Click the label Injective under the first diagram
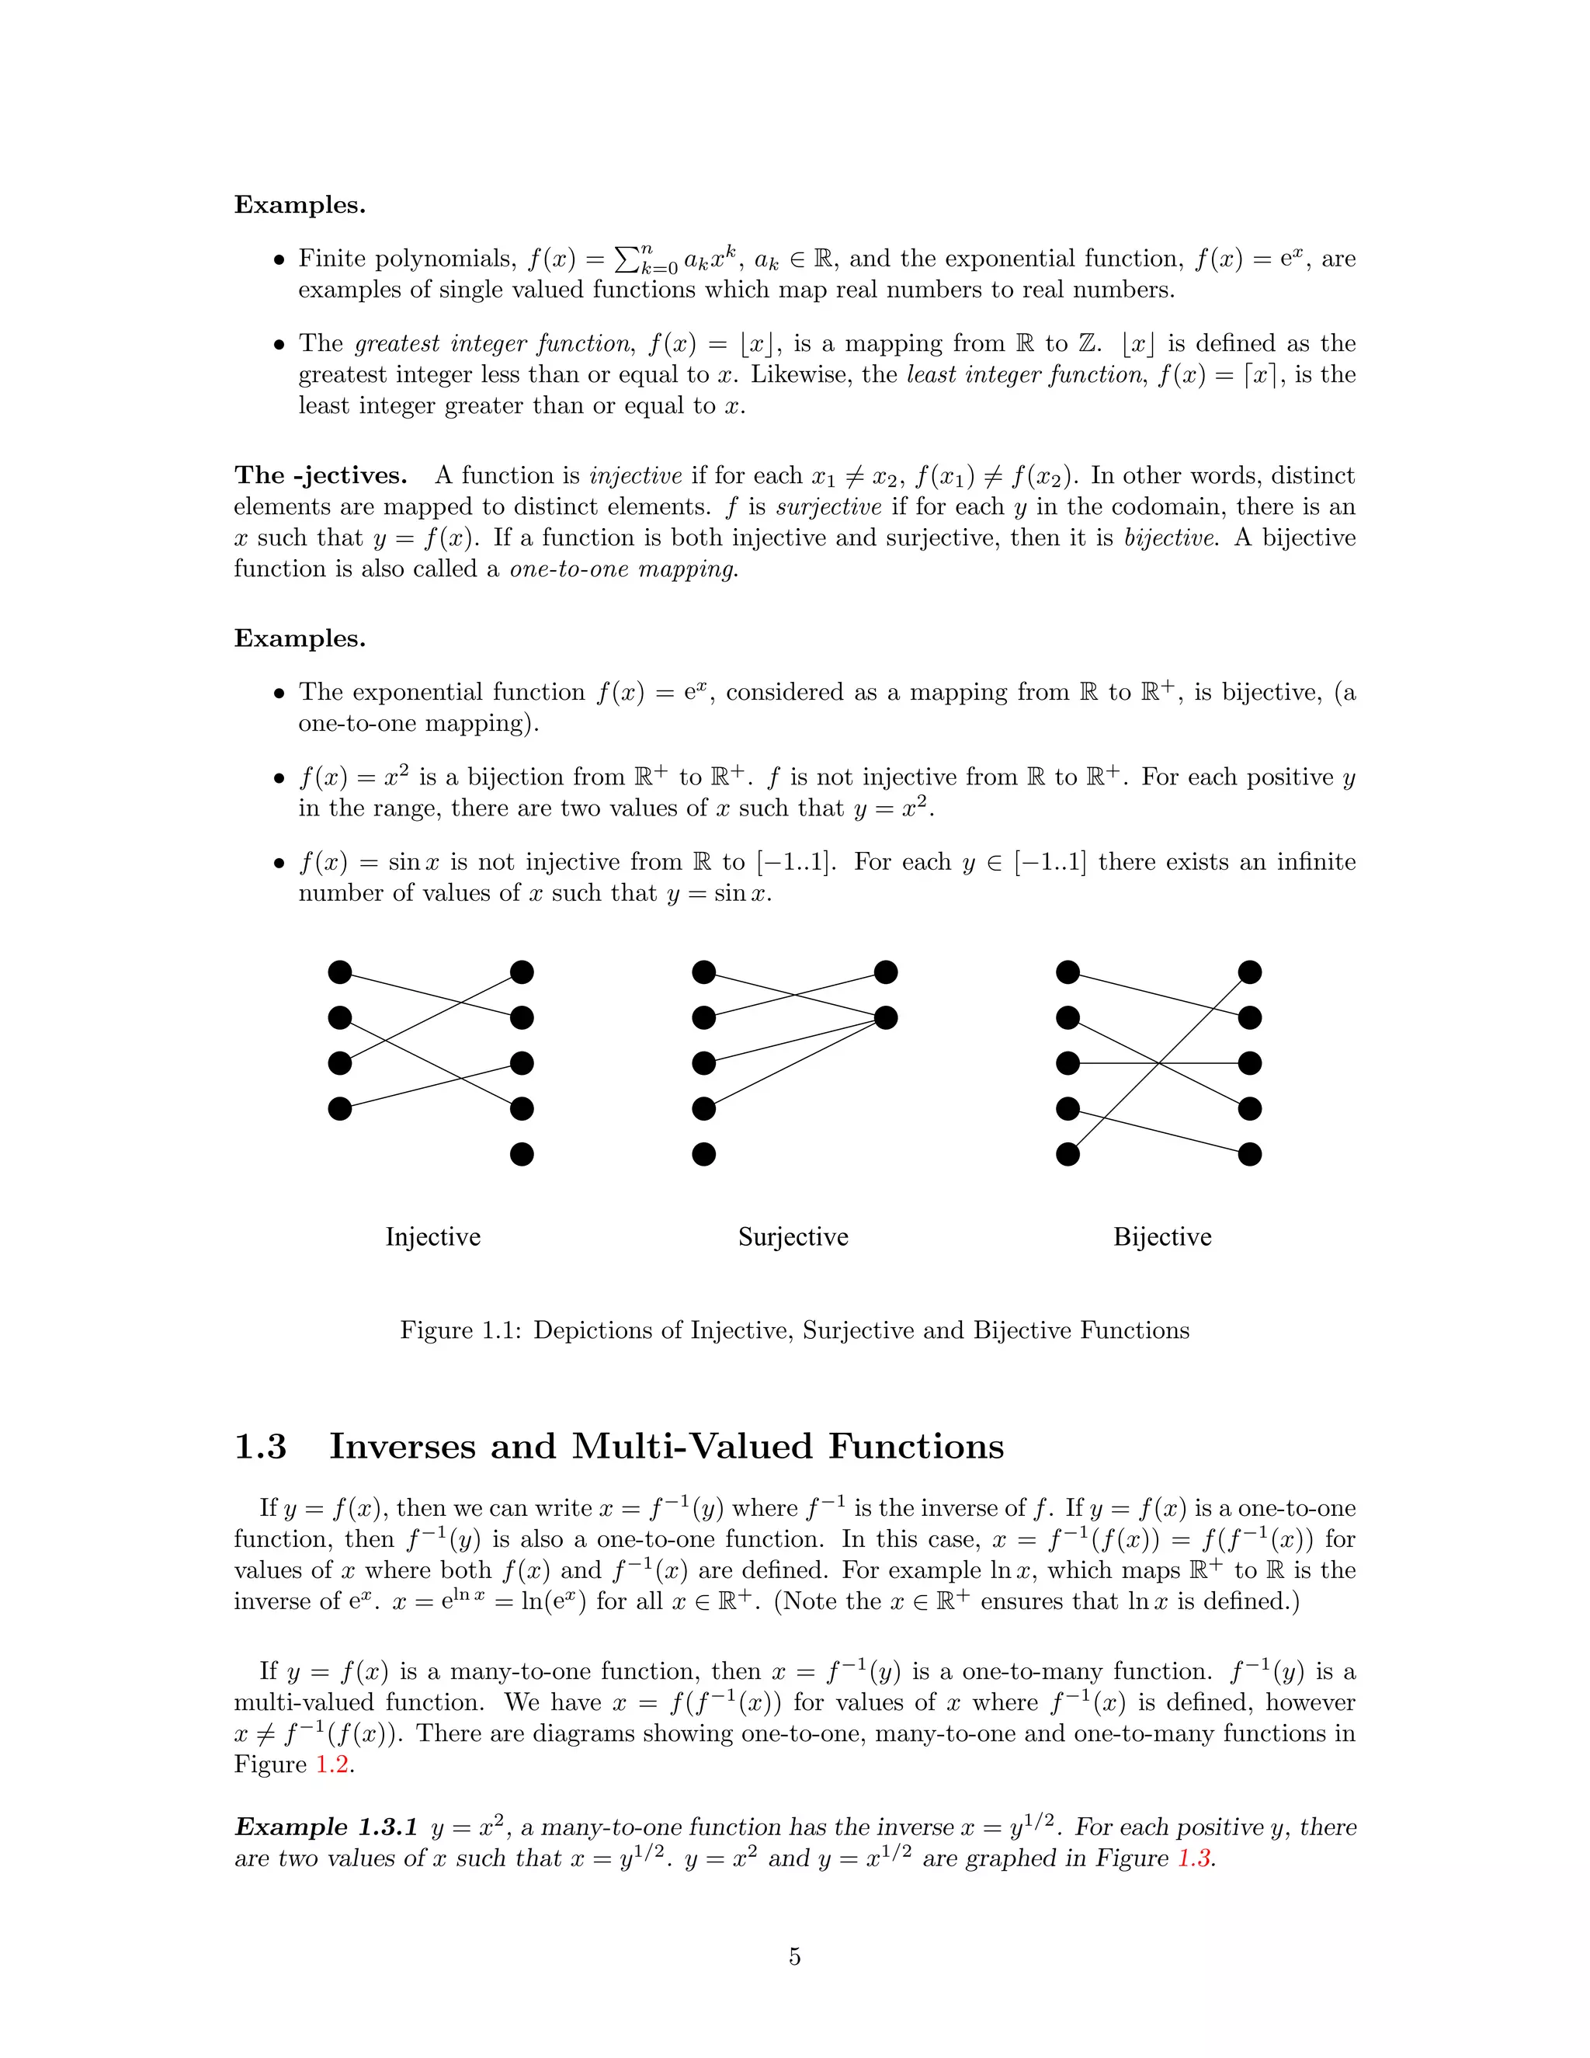click(432, 1236)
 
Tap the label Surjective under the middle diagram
click(793, 1236)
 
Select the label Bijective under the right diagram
click(1161, 1236)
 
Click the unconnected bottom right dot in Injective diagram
click(522, 1153)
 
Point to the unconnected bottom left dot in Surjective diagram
click(703, 1153)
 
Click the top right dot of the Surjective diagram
click(885, 972)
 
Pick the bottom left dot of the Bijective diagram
click(1068, 1153)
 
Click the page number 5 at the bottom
click(794, 1957)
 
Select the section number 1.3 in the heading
click(260, 1447)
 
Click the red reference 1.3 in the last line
click(1193, 1858)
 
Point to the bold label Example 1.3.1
click(326, 1827)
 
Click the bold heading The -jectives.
click(321, 475)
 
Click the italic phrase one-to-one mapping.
click(623, 568)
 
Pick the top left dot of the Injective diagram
click(340, 972)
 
